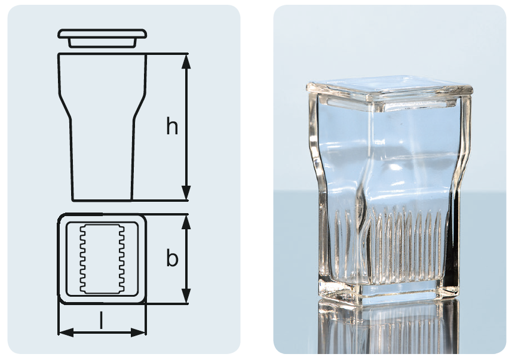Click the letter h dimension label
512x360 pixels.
[x=172, y=126]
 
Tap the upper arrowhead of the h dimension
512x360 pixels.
[x=186, y=61]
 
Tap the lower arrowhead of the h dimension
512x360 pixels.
[x=186, y=192]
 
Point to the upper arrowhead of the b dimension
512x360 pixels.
[x=186, y=222]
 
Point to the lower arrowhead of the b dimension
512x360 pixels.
[x=186, y=296]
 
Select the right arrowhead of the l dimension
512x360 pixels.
[x=138, y=333]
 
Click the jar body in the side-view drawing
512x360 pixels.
[x=102, y=127]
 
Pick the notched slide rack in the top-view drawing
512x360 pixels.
[x=102, y=259]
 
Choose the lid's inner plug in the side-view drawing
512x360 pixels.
[x=102, y=43]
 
